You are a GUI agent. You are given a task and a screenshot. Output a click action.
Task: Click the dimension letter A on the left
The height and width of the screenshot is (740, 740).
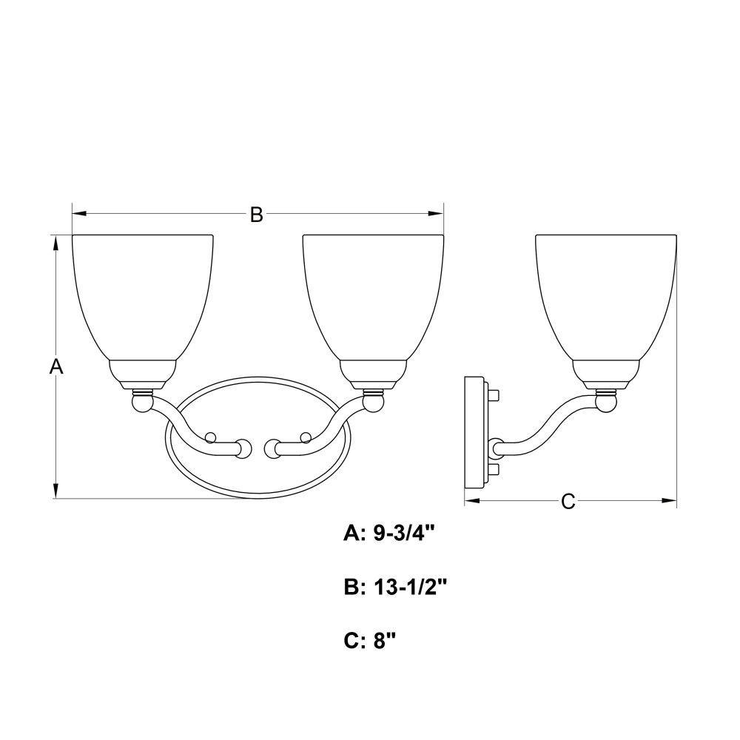(56, 366)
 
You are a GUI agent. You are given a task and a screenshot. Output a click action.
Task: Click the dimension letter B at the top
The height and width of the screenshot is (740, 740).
(256, 215)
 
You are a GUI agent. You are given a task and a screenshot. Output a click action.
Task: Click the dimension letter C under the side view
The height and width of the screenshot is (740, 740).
(568, 501)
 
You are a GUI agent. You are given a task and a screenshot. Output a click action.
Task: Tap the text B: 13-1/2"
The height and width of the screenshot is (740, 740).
(395, 588)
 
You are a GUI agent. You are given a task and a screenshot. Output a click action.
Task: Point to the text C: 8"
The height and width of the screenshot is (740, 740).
(369, 641)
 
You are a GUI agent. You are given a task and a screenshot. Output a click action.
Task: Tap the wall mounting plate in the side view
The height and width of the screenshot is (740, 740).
(476, 432)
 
